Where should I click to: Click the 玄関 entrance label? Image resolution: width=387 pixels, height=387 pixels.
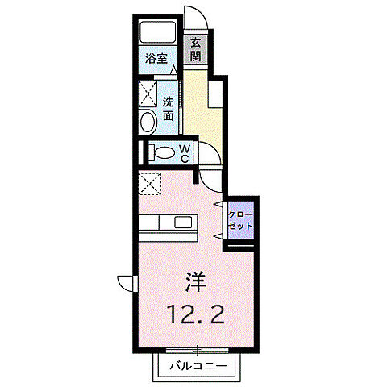coord(196,50)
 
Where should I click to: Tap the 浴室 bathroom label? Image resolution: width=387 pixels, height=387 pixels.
coord(156,58)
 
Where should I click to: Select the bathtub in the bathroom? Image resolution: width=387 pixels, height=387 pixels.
coord(158,31)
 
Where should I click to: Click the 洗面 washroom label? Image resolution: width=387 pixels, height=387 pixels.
coord(169,109)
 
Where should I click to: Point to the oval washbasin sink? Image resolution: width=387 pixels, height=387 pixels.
coord(148,122)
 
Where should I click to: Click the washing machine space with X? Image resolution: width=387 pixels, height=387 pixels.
coord(148,94)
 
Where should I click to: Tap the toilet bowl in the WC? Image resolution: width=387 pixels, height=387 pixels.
coord(164,153)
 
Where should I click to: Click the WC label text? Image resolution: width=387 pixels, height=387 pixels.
coord(185,153)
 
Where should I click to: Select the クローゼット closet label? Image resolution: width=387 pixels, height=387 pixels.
coord(240,220)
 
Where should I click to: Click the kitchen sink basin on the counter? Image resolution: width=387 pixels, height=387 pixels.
coord(183,223)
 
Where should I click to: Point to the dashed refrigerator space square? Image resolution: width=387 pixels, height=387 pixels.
coord(150,183)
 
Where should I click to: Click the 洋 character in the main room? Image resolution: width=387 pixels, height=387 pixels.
coord(196,282)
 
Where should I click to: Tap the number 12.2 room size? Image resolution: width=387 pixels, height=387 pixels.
coord(197,314)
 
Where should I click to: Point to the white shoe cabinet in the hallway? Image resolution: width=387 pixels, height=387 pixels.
coord(215,94)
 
